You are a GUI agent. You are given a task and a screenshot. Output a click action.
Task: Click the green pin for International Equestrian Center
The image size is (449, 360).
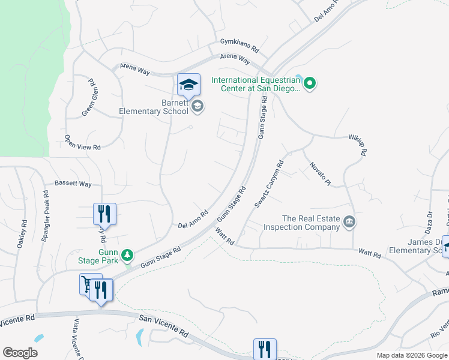click(310, 83)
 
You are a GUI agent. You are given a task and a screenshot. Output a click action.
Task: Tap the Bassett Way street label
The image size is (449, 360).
click(73, 184)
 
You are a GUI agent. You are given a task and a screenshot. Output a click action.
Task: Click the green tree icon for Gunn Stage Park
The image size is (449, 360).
click(127, 256)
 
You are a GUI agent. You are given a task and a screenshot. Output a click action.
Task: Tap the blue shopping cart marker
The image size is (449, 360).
click(89, 284)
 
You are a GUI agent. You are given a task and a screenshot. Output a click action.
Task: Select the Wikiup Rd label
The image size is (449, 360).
click(358, 145)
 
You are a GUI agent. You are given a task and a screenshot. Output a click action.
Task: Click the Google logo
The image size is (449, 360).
click(20, 353)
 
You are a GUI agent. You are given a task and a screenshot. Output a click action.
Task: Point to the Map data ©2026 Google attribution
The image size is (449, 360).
click(412, 355)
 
